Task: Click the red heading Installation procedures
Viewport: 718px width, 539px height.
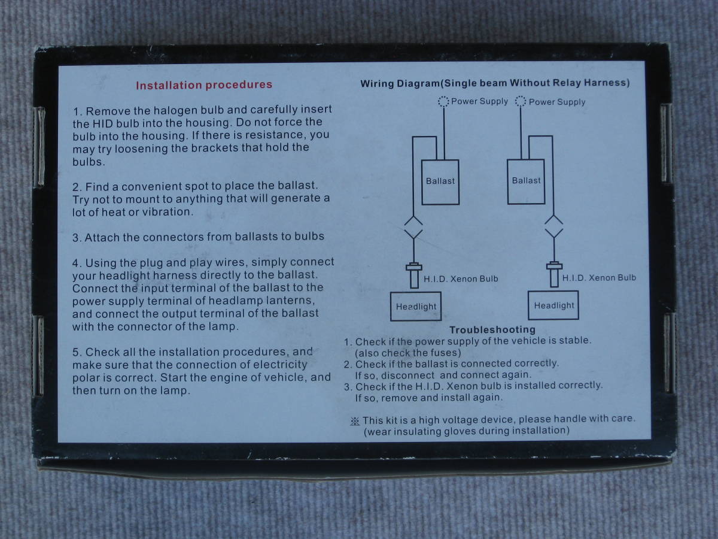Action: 204,85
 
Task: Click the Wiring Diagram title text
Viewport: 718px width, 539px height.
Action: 495,83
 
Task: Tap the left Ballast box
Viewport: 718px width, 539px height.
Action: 440,182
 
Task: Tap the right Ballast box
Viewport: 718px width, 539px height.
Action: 526,181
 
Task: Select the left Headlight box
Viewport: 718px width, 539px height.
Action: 416,306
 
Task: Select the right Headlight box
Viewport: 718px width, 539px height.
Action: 553,305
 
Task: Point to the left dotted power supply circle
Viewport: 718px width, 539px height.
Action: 443,101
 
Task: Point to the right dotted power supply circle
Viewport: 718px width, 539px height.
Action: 521,101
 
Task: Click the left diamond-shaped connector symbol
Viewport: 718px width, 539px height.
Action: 413,227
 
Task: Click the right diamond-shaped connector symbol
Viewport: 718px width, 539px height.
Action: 554,226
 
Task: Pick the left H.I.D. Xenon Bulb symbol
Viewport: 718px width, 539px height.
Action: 414,275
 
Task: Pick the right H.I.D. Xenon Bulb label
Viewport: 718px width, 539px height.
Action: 599,278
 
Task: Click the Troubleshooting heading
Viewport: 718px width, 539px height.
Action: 492,329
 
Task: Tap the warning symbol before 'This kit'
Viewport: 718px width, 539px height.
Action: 355,421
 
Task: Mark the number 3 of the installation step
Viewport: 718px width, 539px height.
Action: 76,238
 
